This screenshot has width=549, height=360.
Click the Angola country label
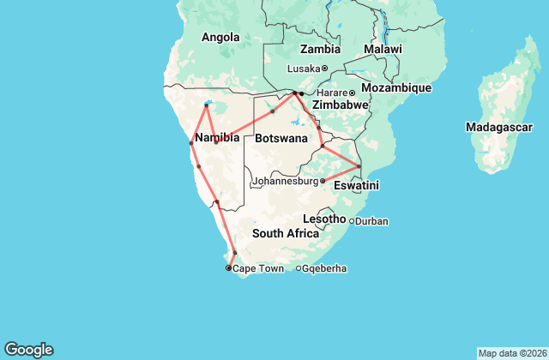[x=220, y=37]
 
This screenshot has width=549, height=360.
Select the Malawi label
[x=383, y=50]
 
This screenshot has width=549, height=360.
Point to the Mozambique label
[x=395, y=88]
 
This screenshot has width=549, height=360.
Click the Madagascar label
[x=499, y=127]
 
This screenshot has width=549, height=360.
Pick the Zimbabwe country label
[x=341, y=105]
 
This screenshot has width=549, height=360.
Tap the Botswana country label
[x=281, y=138]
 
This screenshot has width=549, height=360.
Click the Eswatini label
[x=357, y=185]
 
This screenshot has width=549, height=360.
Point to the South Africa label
[x=286, y=233]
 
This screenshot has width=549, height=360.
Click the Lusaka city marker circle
[x=324, y=69]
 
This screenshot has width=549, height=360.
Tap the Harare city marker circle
[x=352, y=93]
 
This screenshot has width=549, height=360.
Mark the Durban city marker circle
[x=351, y=221]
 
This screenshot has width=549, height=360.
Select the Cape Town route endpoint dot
[x=228, y=268]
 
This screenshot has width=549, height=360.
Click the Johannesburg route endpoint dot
[x=323, y=181]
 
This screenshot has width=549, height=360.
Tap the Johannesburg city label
[x=287, y=182]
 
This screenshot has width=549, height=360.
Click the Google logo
[x=29, y=349]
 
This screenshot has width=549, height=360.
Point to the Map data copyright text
[x=511, y=353]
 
